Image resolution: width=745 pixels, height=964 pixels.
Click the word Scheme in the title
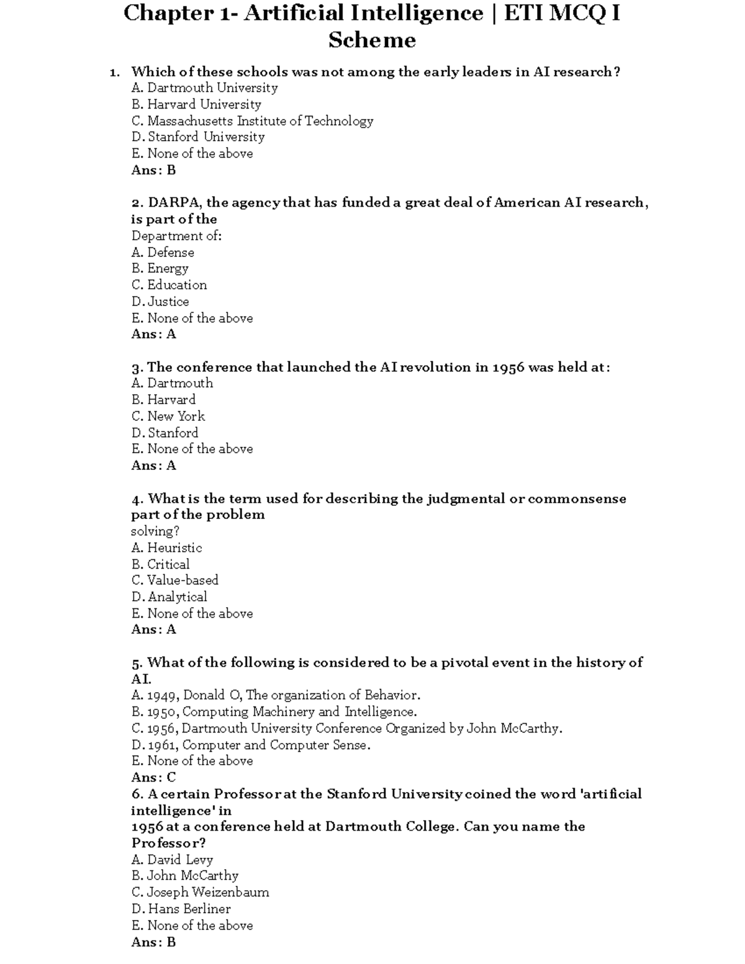click(x=372, y=40)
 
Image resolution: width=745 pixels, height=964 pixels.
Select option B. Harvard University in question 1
click(x=196, y=104)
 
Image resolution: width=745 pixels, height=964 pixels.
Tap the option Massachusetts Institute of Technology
click(x=252, y=121)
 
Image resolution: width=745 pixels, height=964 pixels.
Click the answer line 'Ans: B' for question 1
click(x=153, y=170)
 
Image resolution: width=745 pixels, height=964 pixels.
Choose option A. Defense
click(x=163, y=253)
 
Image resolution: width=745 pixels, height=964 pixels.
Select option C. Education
click(x=169, y=285)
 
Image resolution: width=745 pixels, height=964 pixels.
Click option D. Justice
click(x=160, y=302)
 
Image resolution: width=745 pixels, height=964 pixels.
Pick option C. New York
click(x=168, y=416)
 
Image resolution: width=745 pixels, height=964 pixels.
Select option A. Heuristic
click(x=166, y=547)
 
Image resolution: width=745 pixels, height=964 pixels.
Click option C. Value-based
click(x=174, y=580)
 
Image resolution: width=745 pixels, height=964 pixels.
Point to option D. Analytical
click(x=169, y=597)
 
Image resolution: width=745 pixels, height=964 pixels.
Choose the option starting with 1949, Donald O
click(x=276, y=695)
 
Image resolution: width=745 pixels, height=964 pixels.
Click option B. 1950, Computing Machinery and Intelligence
click(x=274, y=712)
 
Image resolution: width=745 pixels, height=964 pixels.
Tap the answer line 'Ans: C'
click(x=153, y=777)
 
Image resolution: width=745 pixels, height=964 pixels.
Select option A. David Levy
click(x=172, y=860)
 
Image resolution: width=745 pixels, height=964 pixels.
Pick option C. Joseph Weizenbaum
click(x=200, y=893)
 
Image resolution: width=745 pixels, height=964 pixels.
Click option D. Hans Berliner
click(x=181, y=909)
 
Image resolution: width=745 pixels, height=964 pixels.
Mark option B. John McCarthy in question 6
click(x=184, y=876)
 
